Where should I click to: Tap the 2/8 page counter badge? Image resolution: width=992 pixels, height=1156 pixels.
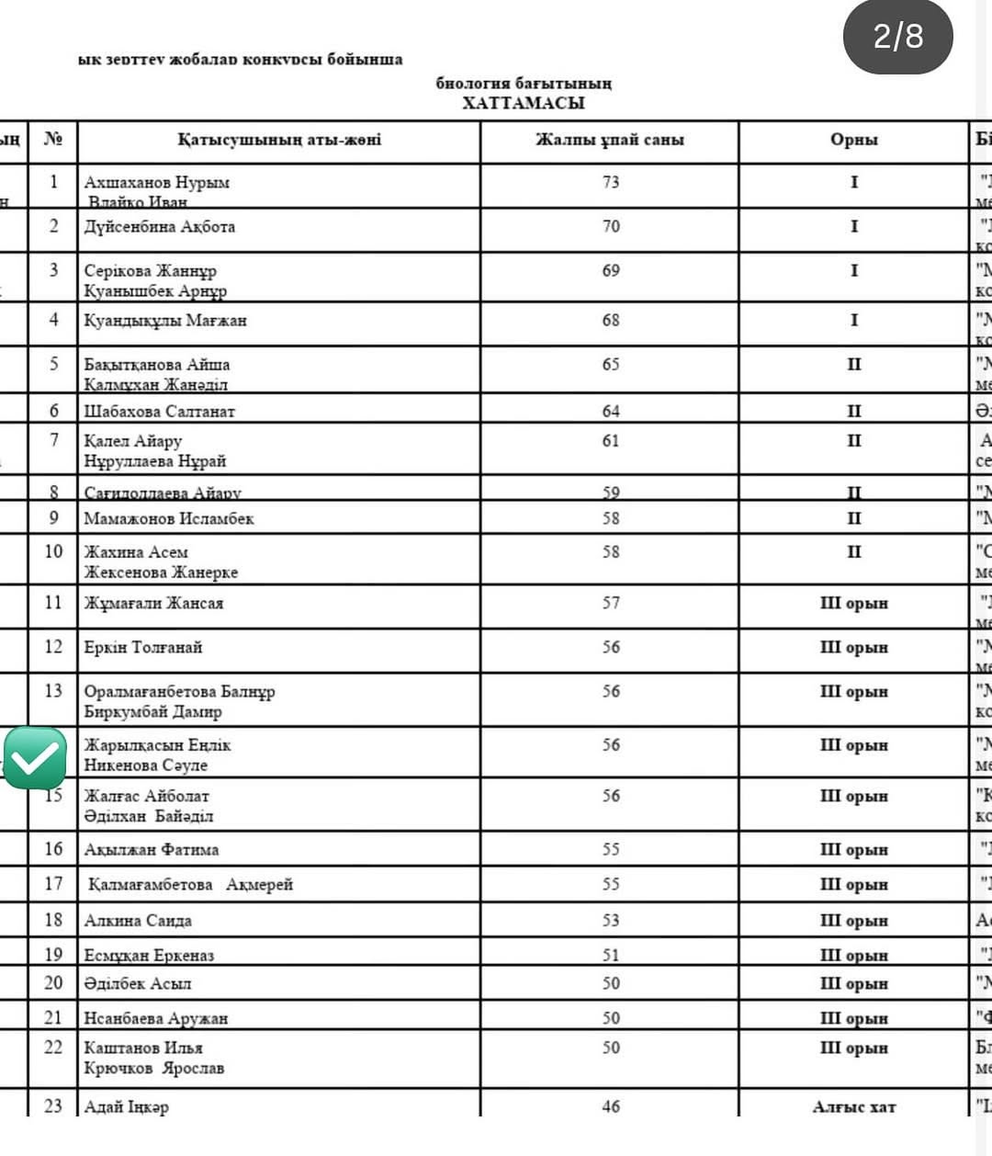897,37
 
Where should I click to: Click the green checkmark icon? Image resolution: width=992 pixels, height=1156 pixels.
35,758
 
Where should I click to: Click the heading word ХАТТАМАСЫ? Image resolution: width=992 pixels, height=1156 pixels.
523,103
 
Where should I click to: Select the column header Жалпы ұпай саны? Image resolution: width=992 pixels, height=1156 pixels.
610,141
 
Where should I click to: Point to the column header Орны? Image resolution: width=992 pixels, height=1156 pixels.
853,141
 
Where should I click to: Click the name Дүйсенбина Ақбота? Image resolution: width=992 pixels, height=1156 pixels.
160,227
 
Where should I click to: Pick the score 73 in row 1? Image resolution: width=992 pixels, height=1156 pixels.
611,182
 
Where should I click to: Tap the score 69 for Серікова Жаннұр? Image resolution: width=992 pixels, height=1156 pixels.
611,271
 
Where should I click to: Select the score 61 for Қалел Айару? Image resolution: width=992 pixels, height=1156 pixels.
611,441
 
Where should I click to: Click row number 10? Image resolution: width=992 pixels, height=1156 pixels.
53,551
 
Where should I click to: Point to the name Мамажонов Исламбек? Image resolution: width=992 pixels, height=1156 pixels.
169,519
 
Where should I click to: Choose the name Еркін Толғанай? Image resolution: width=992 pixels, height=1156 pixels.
143,648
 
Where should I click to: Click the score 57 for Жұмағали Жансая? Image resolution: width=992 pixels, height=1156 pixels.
611,604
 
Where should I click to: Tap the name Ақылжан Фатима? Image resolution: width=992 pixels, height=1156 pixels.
152,850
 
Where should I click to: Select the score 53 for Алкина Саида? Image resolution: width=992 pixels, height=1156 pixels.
611,921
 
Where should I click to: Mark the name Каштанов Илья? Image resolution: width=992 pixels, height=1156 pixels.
143,1048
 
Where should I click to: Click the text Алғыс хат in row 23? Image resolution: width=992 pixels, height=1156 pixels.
853,1107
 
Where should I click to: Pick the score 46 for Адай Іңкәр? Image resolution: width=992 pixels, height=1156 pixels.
611,1107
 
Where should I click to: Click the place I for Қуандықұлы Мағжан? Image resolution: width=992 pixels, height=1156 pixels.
853,321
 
